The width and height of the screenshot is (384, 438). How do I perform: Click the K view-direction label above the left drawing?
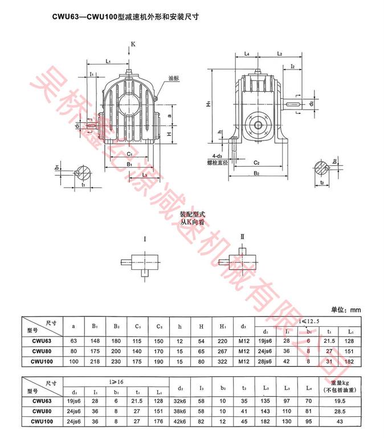(x=133, y=44)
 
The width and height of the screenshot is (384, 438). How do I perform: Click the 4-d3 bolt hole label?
(x=216, y=155)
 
